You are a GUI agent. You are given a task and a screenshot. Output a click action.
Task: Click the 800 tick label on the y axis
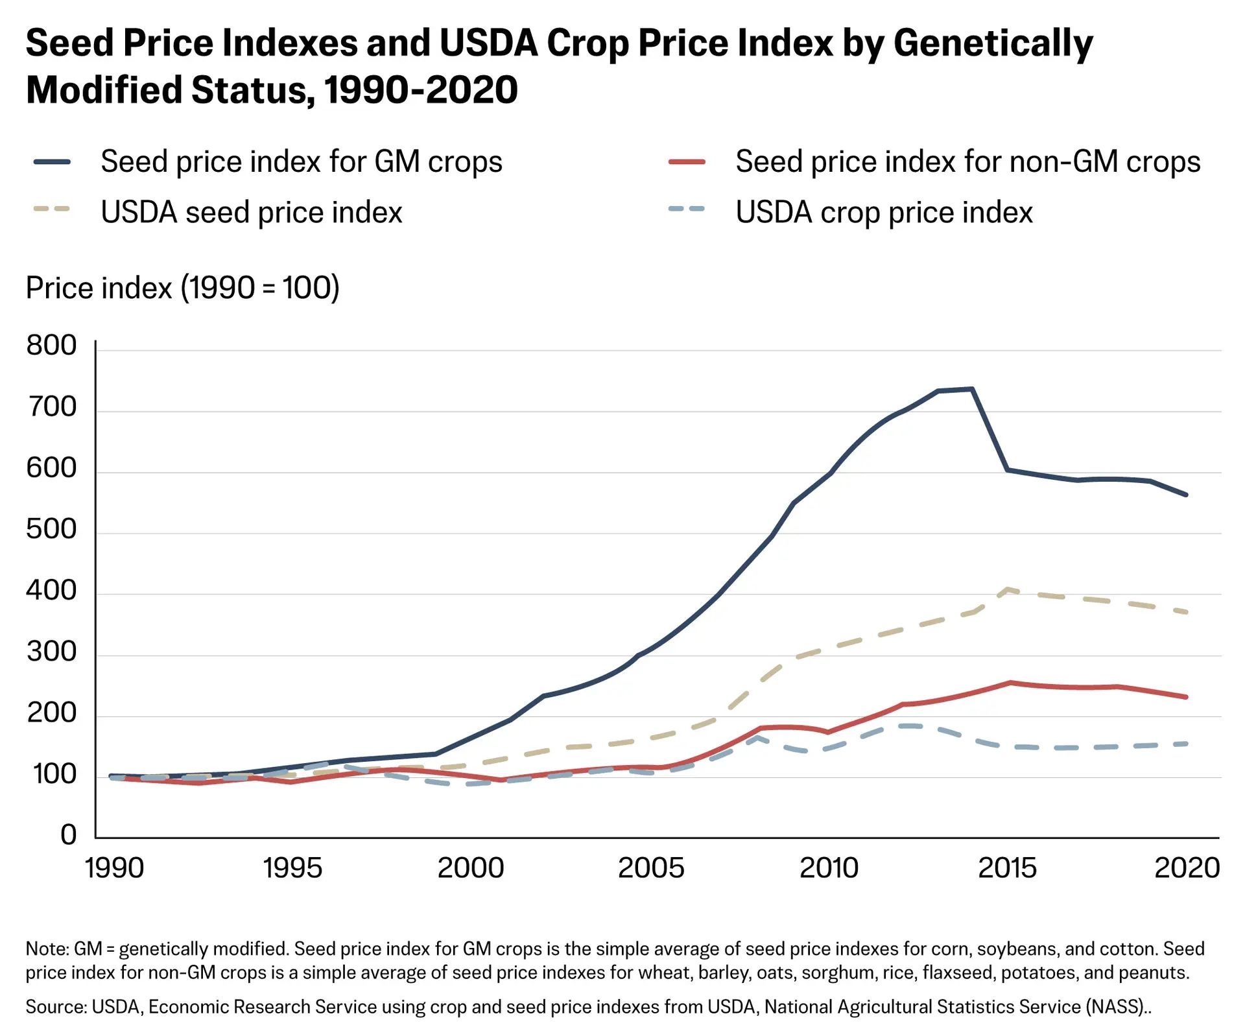pyautogui.click(x=51, y=346)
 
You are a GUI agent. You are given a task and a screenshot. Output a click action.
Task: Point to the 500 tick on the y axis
pyautogui.click(x=51, y=529)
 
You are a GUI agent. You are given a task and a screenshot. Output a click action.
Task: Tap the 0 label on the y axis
pyautogui.click(x=68, y=835)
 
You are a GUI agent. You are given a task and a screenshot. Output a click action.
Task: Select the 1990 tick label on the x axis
pyautogui.click(x=114, y=868)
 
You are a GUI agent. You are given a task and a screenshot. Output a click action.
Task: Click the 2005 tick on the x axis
pyautogui.click(x=651, y=868)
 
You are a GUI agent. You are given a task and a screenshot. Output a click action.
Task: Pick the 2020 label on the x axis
pyautogui.click(x=1187, y=868)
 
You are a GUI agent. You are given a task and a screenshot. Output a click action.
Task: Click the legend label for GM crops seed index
pyautogui.click(x=302, y=161)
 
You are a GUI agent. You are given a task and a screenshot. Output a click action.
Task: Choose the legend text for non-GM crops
pyautogui.click(x=967, y=161)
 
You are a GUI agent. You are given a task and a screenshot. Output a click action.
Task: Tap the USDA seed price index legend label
pyautogui.click(x=252, y=213)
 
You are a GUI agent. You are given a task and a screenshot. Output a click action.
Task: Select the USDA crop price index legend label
pyautogui.click(x=884, y=213)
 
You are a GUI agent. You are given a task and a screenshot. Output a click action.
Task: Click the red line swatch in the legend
pyautogui.click(x=687, y=162)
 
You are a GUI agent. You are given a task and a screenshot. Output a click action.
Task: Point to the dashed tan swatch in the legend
pyautogui.click(x=52, y=209)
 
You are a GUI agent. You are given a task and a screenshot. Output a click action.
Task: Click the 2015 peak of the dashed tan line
pyautogui.click(x=1008, y=589)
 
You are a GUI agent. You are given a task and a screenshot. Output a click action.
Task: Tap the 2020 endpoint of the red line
pyautogui.click(x=1186, y=697)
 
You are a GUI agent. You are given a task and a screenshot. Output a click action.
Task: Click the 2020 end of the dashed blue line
pyautogui.click(x=1186, y=744)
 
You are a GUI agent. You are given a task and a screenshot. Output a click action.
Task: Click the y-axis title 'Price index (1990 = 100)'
pyautogui.click(x=182, y=288)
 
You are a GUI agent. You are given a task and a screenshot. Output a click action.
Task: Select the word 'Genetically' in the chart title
pyautogui.click(x=993, y=44)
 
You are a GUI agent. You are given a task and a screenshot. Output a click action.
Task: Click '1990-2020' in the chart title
pyautogui.click(x=421, y=89)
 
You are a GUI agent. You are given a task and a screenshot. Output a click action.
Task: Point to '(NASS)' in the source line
pyautogui.click(x=1117, y=1007)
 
